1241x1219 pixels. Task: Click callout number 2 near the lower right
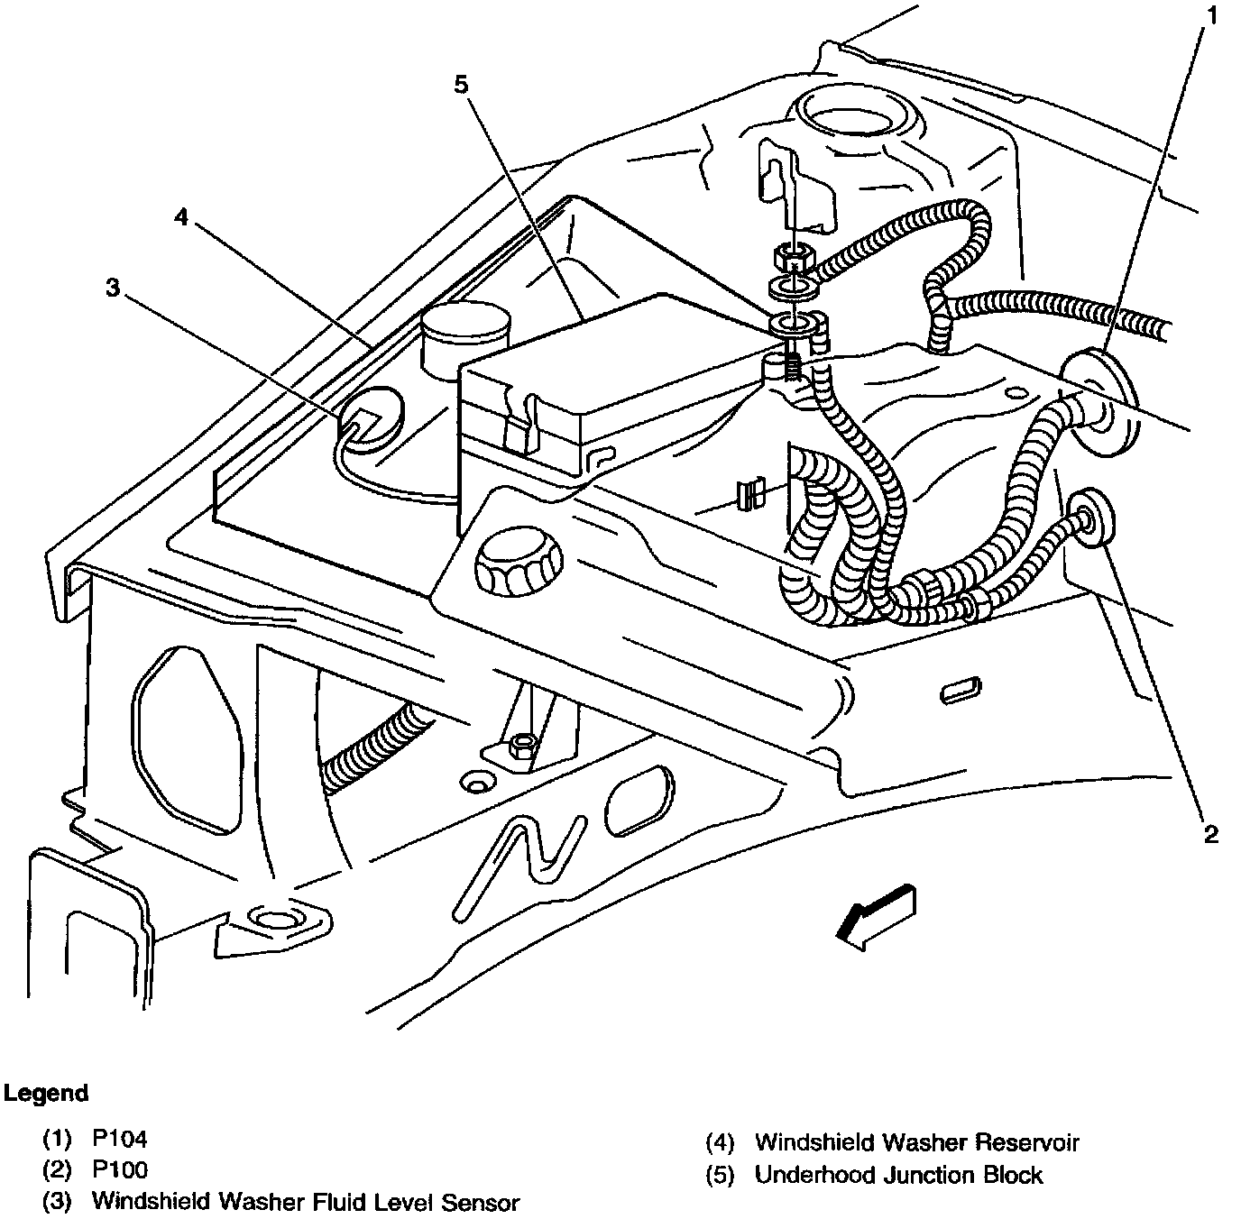[x=1209, y=834]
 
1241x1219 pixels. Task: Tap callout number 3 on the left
[x=112, y=288]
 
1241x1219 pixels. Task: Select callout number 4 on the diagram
[x=182, y=217]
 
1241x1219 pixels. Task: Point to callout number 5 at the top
[x=461, y=84]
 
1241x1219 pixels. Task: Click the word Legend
[x=46, y=1094]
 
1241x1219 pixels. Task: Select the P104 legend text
[x=119, y=1139]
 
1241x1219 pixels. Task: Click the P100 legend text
[x=119, y=1170]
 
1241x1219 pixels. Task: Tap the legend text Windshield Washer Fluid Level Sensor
[x=306, y=1202]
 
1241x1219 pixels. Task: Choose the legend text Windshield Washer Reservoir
[x=916, y=1143]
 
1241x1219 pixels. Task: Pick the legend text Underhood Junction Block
[x=898, y=1175]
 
